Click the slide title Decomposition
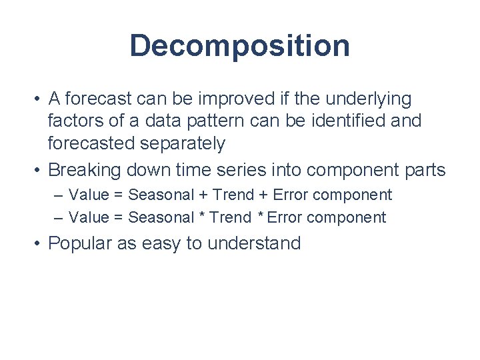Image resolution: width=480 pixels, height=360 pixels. point(239,46)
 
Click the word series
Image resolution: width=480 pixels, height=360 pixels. point(243,170)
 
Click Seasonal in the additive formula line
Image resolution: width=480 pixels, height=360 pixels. point(159,195)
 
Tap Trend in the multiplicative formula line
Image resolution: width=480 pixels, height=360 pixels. point(229,217)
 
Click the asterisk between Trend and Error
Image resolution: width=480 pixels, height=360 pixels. point(261,217)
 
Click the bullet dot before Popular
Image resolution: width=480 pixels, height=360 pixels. point(39,244)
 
